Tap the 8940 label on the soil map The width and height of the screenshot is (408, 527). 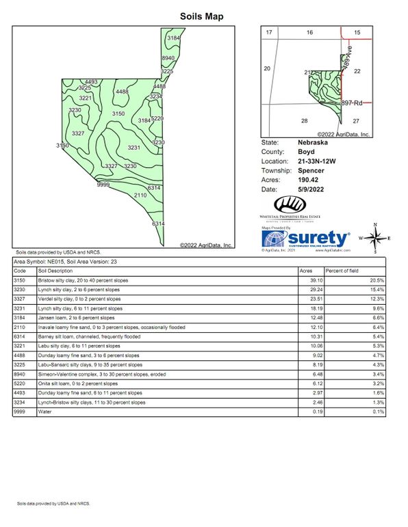coord(168,59)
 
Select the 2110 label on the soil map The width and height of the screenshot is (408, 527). coord(140,195)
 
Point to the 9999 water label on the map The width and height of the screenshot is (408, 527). coord(103,185)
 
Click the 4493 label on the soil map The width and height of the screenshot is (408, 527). coord(91,82)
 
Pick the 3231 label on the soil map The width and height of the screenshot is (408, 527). coord(133,148)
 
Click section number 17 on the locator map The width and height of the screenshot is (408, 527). coord(269,33)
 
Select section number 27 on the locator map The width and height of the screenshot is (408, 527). coord(356,120)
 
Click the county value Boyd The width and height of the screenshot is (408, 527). coord(305,152)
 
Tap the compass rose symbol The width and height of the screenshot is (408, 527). coord(374,239)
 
